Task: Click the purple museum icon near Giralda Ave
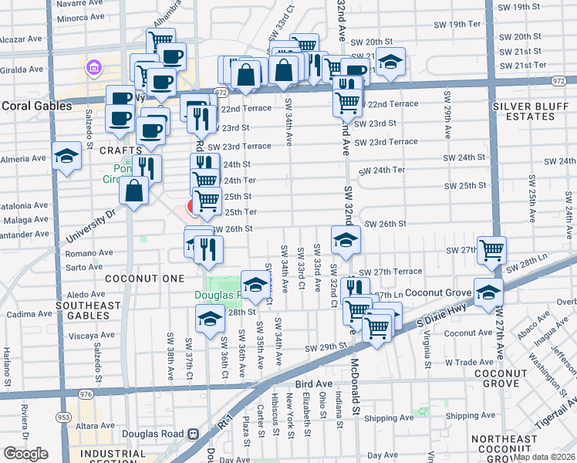pos(95,68)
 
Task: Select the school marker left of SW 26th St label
pos(346,239)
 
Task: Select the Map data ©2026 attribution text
pos(544,457)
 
